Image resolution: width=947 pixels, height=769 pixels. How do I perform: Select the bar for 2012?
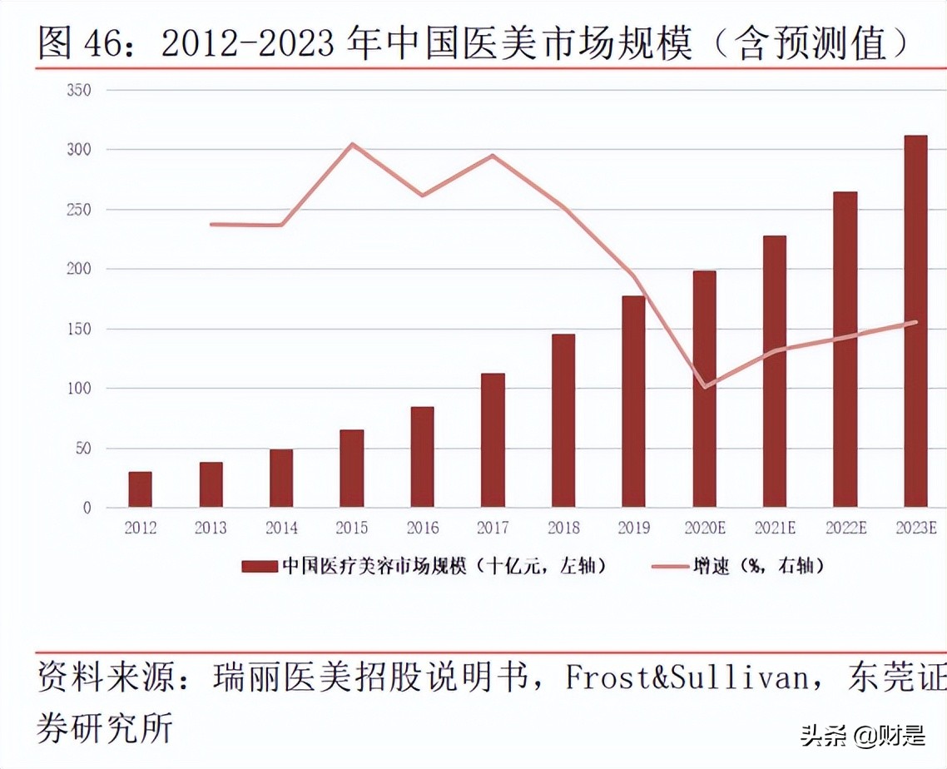pos(140,489)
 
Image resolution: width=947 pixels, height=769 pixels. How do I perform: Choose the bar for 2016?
pos(422,457)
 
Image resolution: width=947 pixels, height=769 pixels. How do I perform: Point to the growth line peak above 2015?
pos(352,144)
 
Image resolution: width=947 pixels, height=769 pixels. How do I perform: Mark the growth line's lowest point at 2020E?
pos(704,387)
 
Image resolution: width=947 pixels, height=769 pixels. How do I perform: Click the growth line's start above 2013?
pos(211,224)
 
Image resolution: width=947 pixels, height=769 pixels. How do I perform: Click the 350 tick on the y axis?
pos(77,90)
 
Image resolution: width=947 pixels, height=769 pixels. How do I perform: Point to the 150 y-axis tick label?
pos(77,329)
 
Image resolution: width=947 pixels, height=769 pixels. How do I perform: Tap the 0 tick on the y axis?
pos(86,508)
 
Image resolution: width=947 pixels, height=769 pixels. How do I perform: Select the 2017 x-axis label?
pos(493,528)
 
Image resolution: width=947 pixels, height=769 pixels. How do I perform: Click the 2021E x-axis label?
pos(775,528)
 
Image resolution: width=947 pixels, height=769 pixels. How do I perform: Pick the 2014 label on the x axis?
pos(281,528)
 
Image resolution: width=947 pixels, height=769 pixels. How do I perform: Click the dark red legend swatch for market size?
pos(259,567)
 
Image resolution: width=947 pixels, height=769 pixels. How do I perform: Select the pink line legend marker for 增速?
pos(663,567)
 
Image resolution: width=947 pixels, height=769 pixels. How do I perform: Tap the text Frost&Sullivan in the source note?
pos(687,677)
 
